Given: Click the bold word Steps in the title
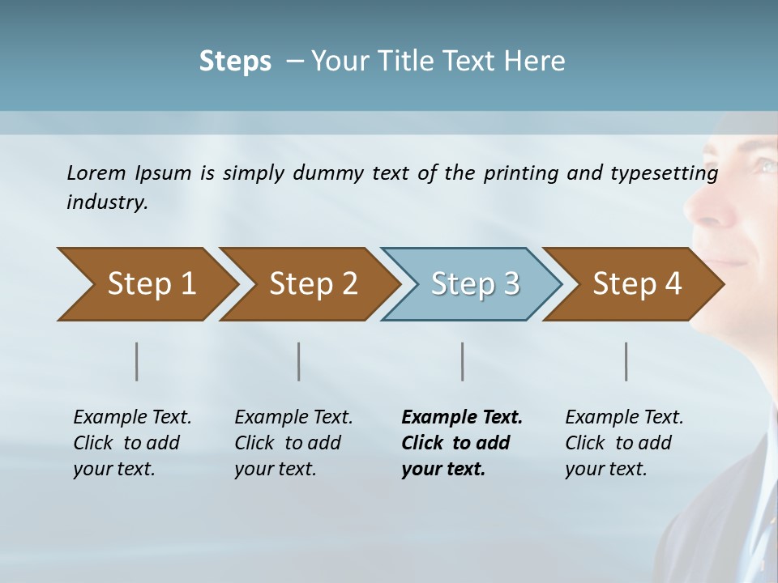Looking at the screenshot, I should [x=235, y=62].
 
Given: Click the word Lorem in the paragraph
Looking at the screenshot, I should [x=96, y=172].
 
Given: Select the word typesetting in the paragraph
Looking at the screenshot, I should [x=669, y=173].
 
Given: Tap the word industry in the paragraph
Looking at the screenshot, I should [x=106, y=202].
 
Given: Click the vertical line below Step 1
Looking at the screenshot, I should [x=137, y=361].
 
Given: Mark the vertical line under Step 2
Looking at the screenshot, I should [x=299, y=361].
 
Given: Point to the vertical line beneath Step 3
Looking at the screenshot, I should [x=462, y=361].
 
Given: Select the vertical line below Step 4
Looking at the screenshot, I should [x=626, y=361].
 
